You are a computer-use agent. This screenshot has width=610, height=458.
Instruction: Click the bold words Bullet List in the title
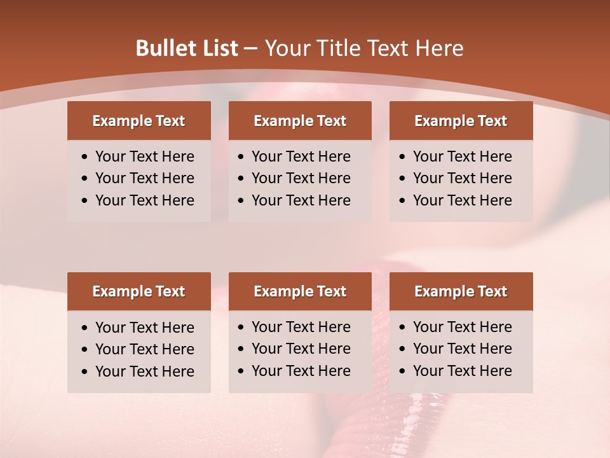pos(187,48)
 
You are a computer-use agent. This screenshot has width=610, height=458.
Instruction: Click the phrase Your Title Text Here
pos(363,48)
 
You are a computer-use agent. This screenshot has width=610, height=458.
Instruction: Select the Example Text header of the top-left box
pos(139,121)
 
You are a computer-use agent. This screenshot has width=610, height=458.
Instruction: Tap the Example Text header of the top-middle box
pos(300,121)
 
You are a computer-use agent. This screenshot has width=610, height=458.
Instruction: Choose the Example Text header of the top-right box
pos(461,121)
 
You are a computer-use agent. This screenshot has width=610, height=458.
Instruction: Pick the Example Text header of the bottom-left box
pos(139,291)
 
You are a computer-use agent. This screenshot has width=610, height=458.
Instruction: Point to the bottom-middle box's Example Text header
pos(300,291)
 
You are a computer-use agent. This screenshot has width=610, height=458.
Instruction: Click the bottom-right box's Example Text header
pos(461,291)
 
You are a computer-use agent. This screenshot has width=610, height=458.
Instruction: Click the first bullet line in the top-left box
pos(144,156)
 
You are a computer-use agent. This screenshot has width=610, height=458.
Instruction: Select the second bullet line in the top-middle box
pos(301,178)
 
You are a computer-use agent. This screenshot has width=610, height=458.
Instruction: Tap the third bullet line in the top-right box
pos(462,200)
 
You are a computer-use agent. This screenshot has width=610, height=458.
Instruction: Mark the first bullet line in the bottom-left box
pos(144,328)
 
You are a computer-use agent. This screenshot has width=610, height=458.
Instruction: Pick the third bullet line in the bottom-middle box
pos(301,371)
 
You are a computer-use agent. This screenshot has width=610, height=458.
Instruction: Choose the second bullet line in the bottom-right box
pos(462,349)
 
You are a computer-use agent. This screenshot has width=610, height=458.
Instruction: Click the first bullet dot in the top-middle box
pos(241,157)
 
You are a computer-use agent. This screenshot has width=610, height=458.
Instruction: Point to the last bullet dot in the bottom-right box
pos(402,371)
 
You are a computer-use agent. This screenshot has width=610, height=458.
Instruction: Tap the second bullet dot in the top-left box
pos(85,179)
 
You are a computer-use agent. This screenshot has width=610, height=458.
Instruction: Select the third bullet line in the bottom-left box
pos(144,371)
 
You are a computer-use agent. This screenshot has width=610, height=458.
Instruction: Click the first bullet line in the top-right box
pos(462,156)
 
